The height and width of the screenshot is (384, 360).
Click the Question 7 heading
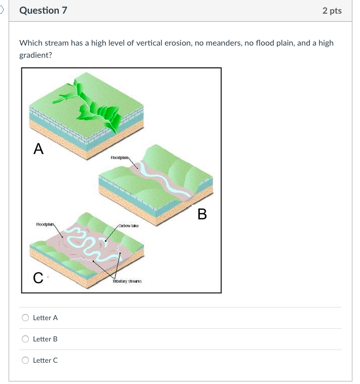coord(43,11)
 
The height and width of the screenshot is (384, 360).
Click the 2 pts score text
coord(332,11)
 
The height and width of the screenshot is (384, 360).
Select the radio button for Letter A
coord(25,318)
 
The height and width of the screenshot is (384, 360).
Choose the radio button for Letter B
coord(25,339)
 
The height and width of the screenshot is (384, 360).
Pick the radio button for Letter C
coord(25,360)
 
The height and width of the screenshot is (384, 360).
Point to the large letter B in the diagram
coord(202,214)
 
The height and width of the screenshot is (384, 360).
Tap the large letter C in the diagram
coord(38,278)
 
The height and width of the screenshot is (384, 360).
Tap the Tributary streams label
coord(127,281)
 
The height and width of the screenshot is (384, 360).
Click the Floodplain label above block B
coord(121,158)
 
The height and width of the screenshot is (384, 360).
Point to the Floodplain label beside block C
coord(46,224)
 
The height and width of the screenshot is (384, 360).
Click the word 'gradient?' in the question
coord(35,55)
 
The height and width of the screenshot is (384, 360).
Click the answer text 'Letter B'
coord(45,339)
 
